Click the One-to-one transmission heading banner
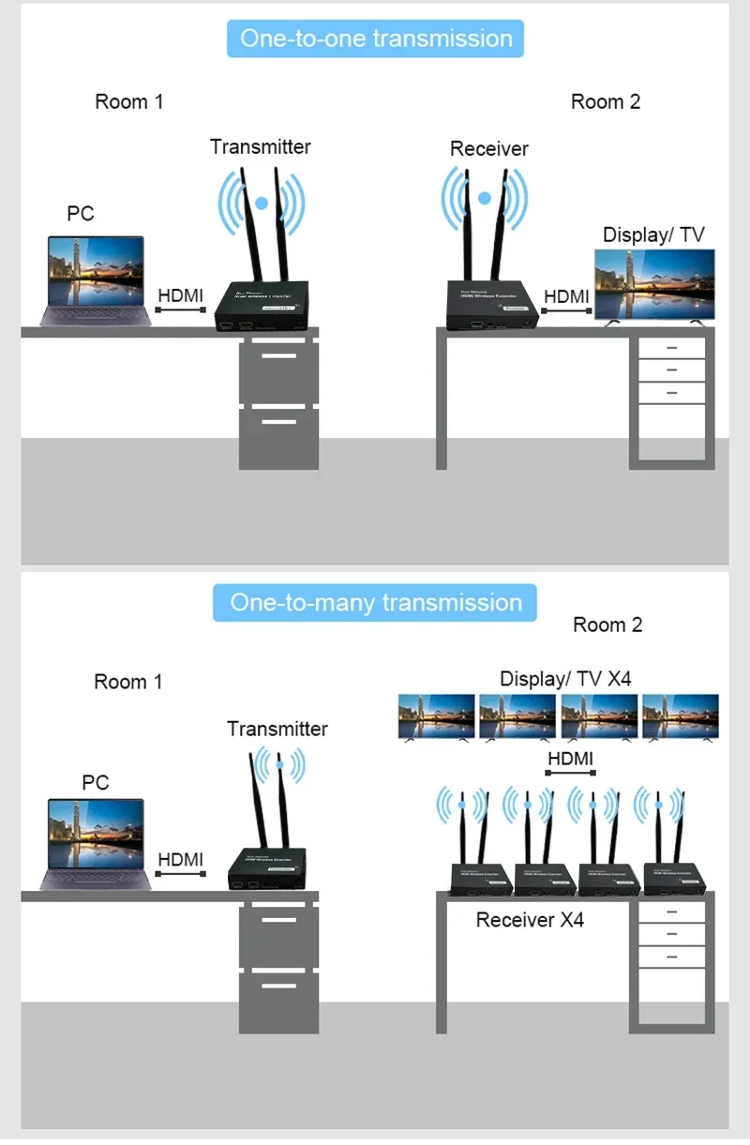[x=375, y=38]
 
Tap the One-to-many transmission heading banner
[x=375, y=602]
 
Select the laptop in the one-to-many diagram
[x=97, y=842]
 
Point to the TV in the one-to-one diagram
[x=656, y=287]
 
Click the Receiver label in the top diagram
[x=488, y=148]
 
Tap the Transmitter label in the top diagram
[x=260, y=146]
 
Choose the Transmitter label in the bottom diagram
[x=277, y=729]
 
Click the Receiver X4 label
[x=530, y=920]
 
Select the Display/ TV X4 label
[x=565, y=678]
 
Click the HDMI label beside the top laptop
[x=181, y=295]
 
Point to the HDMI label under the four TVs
[x=570, y=759]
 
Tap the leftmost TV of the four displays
[x=437, y=718]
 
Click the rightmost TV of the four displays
[x=681, y=718]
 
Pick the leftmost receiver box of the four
[x=480, y=878]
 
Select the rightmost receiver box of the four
[x=672, y=878]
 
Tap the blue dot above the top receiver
[x=485, y=198]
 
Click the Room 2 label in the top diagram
[x=606, y=101]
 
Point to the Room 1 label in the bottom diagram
[x=128, y=682]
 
